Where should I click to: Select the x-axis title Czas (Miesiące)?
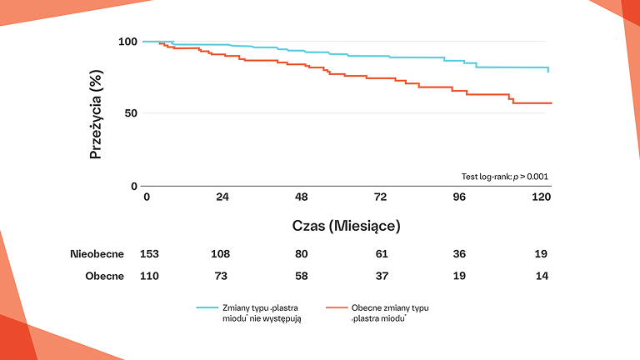click(x=347, y=225)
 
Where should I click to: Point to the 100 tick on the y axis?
click(x=127, y=42)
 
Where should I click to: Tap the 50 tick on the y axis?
click(x=130, y=113)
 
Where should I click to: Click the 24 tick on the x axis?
click(x=222, y=197)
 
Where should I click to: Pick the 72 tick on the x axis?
click(x=380, y=197)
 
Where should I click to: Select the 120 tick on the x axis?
click(x=542, y=197)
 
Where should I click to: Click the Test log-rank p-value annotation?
click(x=505, y=177)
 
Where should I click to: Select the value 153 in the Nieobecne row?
click(x=149, y=253)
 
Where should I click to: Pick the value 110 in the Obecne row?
click(x=149, y=276)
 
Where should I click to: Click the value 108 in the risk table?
click(x=221, y=253)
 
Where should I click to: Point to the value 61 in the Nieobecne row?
click(x=380, y=253)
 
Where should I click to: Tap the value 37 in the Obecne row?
click(x=380, y=276)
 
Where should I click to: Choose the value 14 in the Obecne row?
click(x=542, y=276)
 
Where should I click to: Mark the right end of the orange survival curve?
click(x=552, y=103)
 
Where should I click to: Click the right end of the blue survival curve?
click(x=548, y=72)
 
